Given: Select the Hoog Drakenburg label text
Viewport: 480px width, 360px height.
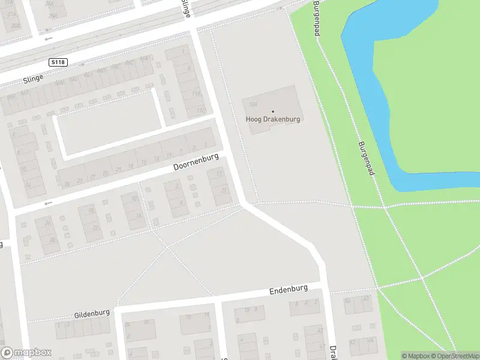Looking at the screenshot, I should pyautogui.click(x=272, y=119).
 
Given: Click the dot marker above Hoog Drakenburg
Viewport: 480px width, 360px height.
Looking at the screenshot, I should pyautogui.click(x=273, y=111).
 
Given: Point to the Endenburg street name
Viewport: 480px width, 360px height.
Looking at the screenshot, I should pyautogui.click(x=289, y=290).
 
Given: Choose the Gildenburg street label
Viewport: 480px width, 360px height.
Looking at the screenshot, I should pyautogui.click(x=92, y=314).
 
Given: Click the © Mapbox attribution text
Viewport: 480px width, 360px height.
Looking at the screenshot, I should pyautogui.click(x=415, y=356).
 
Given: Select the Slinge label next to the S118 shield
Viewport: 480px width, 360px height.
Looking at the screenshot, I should pyautogui.click(x=34, y=80).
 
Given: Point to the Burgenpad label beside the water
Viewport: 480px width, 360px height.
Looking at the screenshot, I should pyautogui.click(x=366, y=158).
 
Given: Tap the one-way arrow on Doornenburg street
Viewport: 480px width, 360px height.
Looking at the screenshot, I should pyautogui.click(x=48, y=203).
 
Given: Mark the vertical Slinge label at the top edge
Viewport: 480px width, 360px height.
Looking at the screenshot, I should pyautogui.click(x=187, y=8).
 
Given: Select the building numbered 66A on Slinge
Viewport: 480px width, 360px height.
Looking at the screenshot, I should pyautogui.click(x=89, y=74).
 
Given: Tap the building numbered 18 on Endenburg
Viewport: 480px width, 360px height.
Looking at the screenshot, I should pyautogui.click(x=190, y=316).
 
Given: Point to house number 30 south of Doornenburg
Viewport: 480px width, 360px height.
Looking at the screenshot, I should pyautogui.click(x=52, y=240).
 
